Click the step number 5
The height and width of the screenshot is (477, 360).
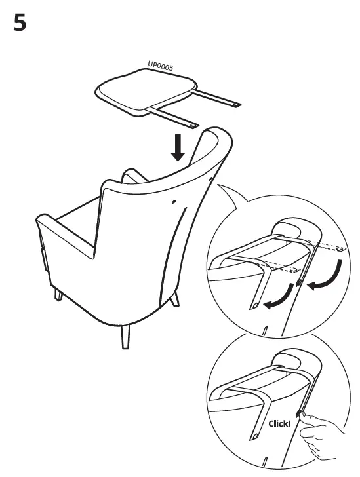(x=20, y=24)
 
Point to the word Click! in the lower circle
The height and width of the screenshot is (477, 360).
(x=281, y=423)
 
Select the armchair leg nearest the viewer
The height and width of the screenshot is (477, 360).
(x=125, y=336)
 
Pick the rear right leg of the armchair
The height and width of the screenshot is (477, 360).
(x=174, y=298)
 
